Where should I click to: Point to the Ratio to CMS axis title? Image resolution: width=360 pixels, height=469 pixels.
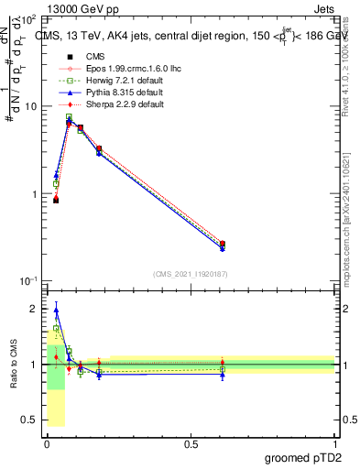pos(13,365)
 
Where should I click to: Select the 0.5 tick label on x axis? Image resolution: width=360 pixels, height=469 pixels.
pos(191,443)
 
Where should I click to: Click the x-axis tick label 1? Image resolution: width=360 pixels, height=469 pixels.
pos(334,443)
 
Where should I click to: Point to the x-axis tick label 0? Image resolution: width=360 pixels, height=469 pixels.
pos(47,443)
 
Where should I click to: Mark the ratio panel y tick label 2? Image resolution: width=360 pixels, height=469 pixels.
pos(34,309)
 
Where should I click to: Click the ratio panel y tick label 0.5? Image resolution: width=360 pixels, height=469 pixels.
pos(30,420)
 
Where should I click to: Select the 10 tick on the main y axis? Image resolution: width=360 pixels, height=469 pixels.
pos(30,106)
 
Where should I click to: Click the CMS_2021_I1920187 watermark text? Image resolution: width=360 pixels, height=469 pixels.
pos(191,273)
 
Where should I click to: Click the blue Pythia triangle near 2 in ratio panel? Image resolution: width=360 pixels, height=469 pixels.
pos(56,311)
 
